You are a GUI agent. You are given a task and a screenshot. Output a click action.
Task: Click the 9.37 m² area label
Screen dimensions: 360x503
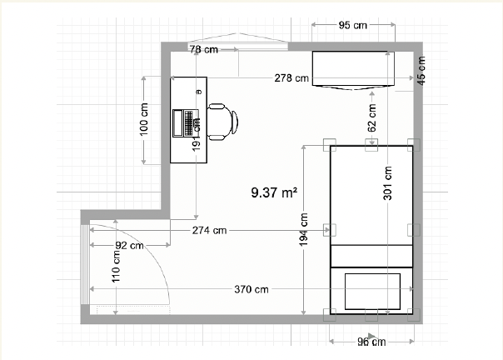click(275, 192)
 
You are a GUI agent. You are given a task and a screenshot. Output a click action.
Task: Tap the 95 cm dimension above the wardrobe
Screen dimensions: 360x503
click(351, 25)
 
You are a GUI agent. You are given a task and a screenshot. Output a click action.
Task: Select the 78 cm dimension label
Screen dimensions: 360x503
click(203, 50)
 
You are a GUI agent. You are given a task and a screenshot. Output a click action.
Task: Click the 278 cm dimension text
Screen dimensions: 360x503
click(291, 78)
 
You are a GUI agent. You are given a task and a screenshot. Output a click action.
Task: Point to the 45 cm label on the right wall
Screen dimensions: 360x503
click(421, 68)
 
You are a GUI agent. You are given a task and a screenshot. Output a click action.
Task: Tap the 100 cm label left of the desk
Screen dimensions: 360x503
click(144, 119)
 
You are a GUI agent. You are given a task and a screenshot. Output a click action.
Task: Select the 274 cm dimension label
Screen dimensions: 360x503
click(209, 229)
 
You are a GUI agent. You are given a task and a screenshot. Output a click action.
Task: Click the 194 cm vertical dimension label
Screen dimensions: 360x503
click(305, 230)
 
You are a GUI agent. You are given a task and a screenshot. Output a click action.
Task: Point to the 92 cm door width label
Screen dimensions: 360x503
click(129, 245)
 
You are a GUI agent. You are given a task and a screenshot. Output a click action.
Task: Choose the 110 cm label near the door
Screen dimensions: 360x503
click(117, 267)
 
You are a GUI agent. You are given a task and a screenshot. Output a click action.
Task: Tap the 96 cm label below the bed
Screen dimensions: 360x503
click(371, 341)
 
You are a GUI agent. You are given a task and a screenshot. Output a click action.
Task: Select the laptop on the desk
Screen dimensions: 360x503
click(182, 122)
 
